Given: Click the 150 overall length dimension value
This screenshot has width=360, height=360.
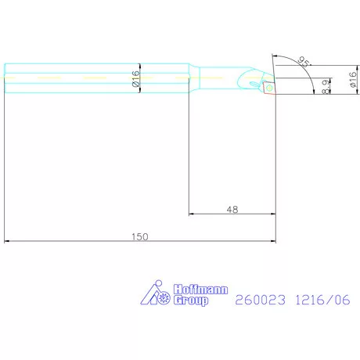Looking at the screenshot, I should [x=140, y=235].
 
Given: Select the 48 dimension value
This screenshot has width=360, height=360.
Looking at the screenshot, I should [x=232, y=209].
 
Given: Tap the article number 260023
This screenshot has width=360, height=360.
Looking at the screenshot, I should [x=261, y=299].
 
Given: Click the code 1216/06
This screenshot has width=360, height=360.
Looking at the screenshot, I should [x=322, y=299].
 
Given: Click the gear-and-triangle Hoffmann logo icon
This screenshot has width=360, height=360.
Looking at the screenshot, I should [x=156, y=296].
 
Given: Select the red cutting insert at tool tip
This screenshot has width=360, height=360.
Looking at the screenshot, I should [x=268, y=88].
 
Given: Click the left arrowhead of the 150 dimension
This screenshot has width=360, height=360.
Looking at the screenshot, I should [x=8, y=241].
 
